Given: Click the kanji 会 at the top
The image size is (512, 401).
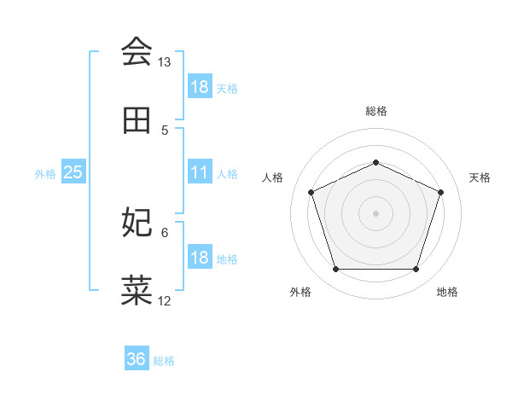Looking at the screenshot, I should click(137, 53).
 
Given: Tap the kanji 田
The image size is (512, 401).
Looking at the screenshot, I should click(137, 121).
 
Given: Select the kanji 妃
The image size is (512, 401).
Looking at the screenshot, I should click(137, 222).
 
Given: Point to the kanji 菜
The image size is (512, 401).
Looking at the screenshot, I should click(137, 290).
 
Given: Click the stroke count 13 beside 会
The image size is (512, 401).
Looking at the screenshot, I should click(164, 62).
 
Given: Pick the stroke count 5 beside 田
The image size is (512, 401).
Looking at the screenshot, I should click(165, 130).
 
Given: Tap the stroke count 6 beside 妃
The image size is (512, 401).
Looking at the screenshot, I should click(165, 231).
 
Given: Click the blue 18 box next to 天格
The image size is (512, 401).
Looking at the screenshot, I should click(200, 87).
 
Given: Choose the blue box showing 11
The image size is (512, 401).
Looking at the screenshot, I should click(200, 172).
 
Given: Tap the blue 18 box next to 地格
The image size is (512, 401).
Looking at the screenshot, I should click(200, 258).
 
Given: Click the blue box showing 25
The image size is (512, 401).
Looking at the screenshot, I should click(73, 172).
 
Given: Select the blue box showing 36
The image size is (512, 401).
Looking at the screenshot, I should click(137, 359).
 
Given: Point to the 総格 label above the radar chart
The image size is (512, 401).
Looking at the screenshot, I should click(375, 111).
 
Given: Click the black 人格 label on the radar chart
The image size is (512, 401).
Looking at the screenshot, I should click(273, 177).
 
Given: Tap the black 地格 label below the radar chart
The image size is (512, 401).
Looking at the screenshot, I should click(447, 292).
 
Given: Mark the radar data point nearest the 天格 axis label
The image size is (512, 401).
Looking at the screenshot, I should click(440, 192).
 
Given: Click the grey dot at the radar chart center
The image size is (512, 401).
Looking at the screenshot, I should click(375, 212).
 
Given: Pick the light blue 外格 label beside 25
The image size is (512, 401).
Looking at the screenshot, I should click(45, 173).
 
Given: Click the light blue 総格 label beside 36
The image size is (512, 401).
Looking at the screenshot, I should click(164, 360).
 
